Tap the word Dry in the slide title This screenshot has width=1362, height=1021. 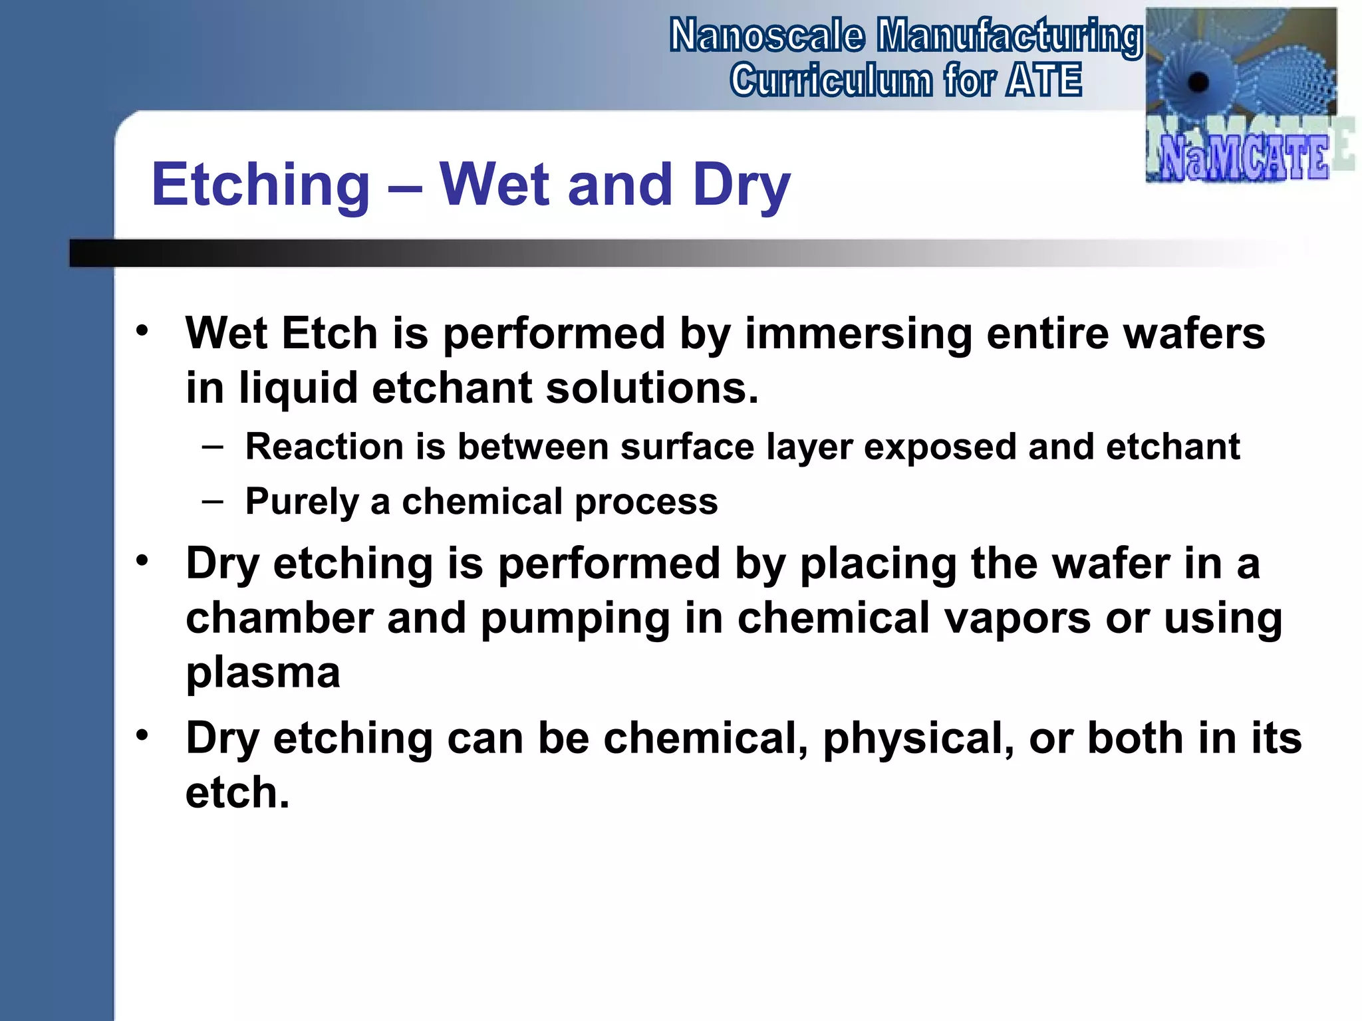(741, 185)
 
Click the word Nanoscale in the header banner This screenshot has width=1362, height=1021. (767, 36)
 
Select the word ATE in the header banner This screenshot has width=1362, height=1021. (1044, 80)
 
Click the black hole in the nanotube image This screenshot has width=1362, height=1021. (1198, 83)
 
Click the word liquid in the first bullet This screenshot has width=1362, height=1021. (299, 388)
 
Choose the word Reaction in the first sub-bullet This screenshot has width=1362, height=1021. (325, 447)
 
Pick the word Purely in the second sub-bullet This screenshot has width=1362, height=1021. (301, 502)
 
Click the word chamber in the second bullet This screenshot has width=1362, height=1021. (279, 618)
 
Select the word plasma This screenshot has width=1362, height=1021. (263, 673)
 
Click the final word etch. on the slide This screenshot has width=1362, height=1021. (237, 793)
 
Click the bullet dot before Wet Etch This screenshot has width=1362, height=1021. (142, 330)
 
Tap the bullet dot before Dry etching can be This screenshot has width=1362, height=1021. (142, 736)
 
